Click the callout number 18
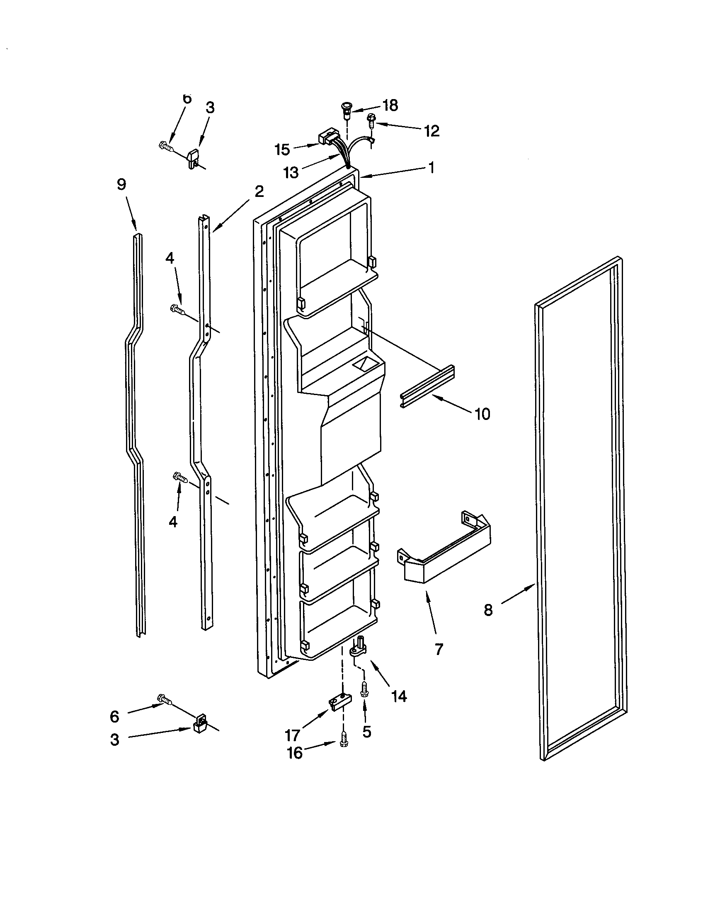(390, 106)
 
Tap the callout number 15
(283, 150)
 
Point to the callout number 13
(291, 172)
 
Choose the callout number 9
(121, 184)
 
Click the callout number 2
(259, 192)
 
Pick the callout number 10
(482, 414)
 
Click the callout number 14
(400, 696)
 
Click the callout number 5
(366, 732)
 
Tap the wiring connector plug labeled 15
(328, 137)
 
